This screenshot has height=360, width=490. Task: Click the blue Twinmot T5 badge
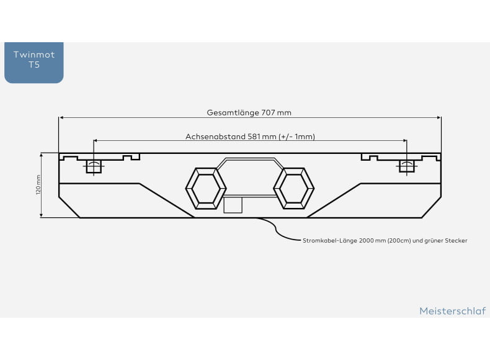pyautogui.click(x=33, y=63)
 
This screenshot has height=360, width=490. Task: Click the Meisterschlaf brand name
pyautogui.click(x=453, y=311)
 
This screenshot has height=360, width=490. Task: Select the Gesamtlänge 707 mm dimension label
pyautogui.click(x=249, y=112)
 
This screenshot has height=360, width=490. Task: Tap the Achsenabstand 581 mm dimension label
pyautogui.click(x=250, y=137)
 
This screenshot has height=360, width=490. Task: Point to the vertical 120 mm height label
pyautogui.click(x=38, y=184)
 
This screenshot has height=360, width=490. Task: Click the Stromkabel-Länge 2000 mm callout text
pyautogui.click(x=385, y=241)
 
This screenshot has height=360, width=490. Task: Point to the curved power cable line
pyautogui.click(x=275, y=230)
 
